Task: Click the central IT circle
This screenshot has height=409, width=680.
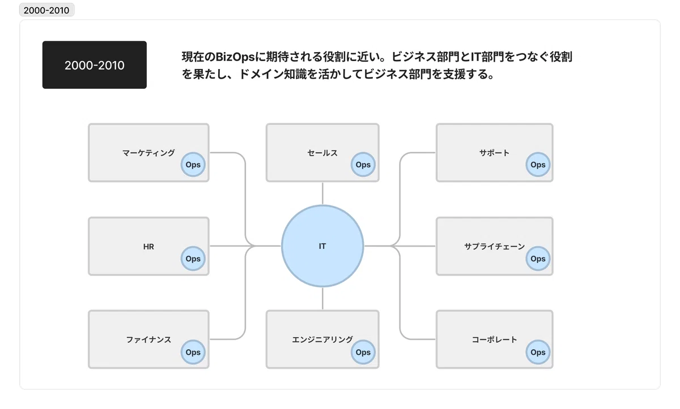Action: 322,246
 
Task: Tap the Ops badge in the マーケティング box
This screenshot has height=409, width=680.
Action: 193,165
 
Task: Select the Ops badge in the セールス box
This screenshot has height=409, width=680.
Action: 363,165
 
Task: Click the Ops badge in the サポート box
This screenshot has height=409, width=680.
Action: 538,165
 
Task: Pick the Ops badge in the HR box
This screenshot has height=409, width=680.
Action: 193,259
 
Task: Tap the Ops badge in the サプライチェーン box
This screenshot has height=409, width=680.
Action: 538,259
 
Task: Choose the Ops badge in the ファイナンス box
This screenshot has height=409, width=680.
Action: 193,352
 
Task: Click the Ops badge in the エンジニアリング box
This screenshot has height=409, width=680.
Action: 363,352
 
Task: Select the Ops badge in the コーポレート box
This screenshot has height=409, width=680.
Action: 538,352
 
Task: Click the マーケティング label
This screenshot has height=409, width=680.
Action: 148,153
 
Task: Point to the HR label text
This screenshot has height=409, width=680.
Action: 148,247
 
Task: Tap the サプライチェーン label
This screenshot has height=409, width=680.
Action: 495,247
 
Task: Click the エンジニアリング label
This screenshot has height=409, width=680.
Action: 322,339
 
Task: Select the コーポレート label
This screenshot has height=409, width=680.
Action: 495,339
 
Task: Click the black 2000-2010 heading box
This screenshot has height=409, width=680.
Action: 95,65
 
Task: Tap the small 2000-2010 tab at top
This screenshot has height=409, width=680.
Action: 46,10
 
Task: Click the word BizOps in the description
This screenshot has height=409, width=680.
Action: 235,57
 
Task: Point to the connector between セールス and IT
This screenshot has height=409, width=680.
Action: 322,193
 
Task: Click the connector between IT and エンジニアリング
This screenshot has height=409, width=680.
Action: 322,299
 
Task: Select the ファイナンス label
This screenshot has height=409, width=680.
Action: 148,339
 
